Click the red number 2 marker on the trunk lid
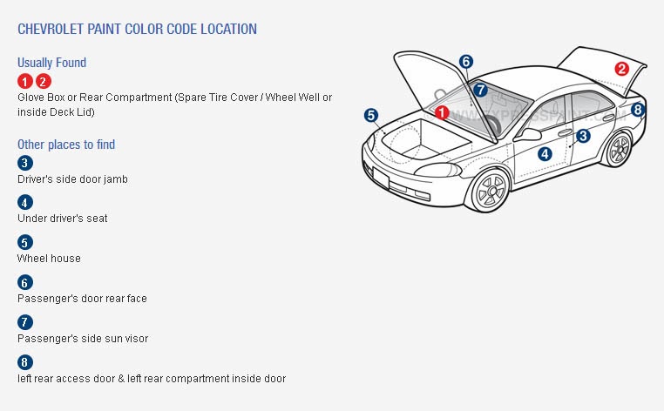click(621, 69)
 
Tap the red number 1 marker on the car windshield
click(442, 112)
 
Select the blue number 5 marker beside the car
click(371, 115)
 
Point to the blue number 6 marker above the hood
click(466, 62)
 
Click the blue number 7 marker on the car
click(480, 90)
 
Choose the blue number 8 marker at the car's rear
click(638, 110)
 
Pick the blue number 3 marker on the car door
click(583, 136)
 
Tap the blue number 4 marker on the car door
click(545, 154)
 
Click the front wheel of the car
click(490, 191)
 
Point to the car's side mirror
click(528, 135)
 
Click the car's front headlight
click(437, 170)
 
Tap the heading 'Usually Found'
click(51, 63)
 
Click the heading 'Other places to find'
click(66, 145)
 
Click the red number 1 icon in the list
click(25, 81)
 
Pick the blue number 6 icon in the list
click(25, 282)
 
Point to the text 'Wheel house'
click(49, 259)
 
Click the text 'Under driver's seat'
click(62, 219)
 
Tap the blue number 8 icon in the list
click(25, 362)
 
